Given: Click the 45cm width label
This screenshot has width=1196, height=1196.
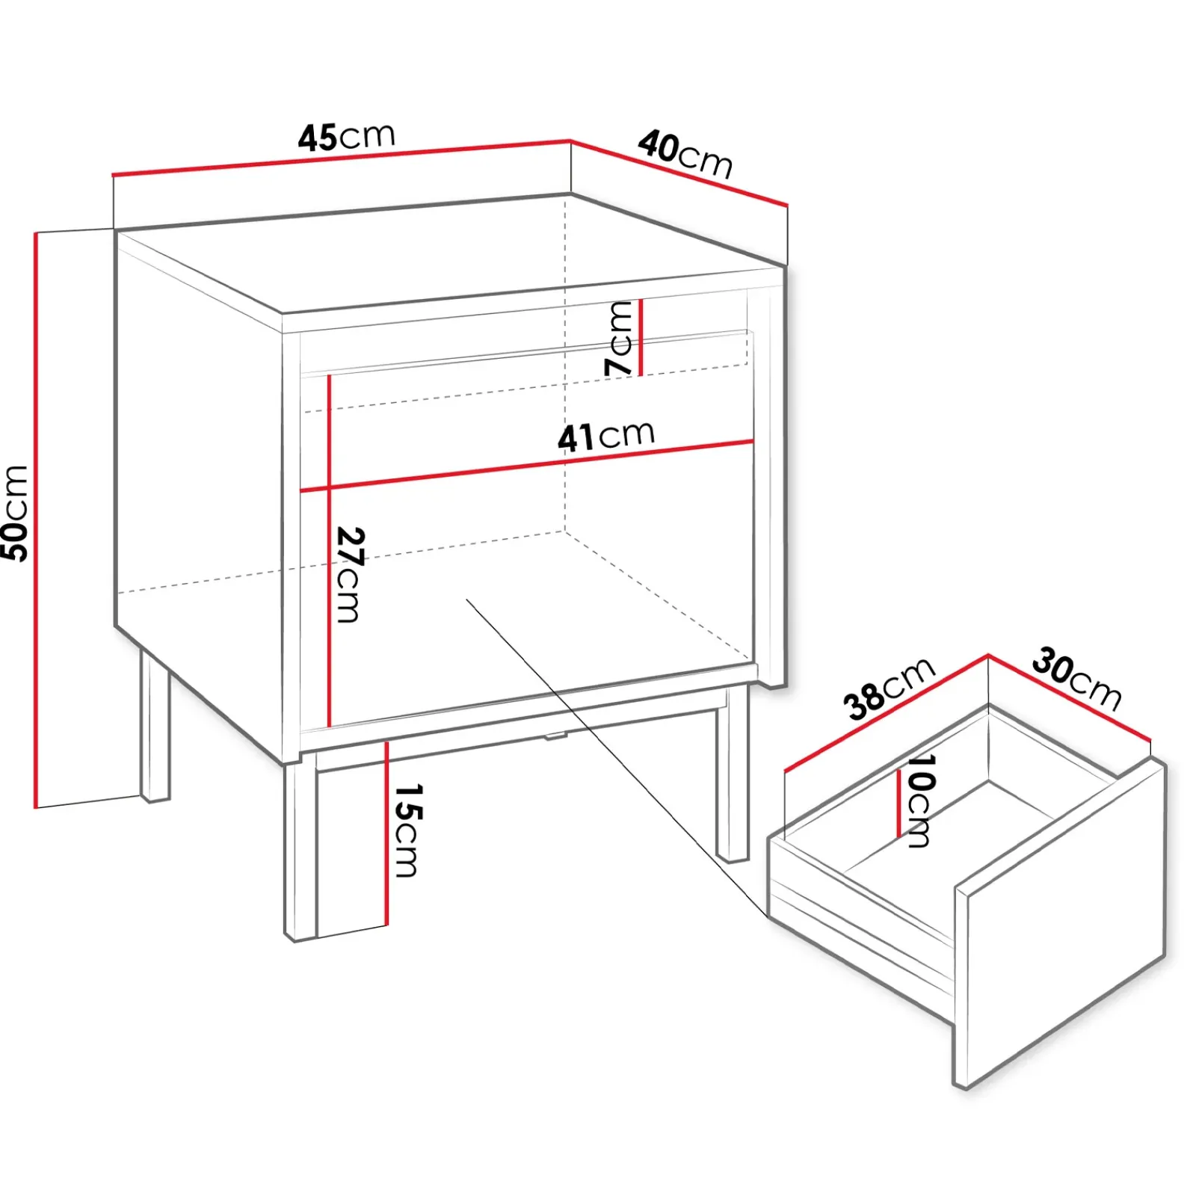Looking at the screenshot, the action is coord(346,137).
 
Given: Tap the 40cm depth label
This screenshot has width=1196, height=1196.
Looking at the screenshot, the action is coord(685,155).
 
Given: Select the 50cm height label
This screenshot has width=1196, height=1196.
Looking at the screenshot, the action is coord(15,513).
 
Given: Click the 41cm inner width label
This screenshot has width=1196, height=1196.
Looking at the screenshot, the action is coord(606,436).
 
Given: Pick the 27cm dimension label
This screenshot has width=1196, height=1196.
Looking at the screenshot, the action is coord(349,574).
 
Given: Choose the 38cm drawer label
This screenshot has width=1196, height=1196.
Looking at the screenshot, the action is coord(889,688).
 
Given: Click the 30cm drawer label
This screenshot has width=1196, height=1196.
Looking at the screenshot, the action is coord(1077,679).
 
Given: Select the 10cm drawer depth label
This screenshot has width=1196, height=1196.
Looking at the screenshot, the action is coord(919,800).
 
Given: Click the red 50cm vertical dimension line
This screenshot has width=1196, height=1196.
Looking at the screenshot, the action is coord(36,520).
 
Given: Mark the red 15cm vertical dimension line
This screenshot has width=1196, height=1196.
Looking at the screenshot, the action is coord(386,833).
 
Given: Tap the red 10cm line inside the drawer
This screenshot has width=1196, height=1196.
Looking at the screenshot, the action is coord(898,804).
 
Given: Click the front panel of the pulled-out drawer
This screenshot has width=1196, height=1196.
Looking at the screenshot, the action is coord(1061,923).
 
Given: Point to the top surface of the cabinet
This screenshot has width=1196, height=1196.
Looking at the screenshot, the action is coord(449,254).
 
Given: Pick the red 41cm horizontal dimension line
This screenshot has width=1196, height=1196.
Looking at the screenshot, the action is coord(526,466).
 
